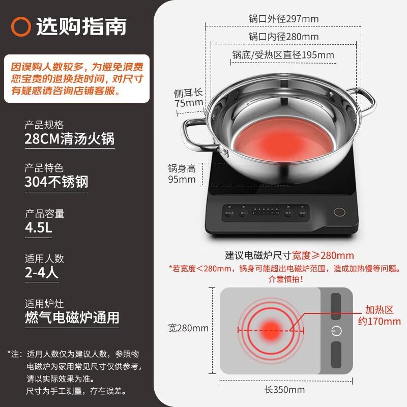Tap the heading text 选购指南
click(81, 26)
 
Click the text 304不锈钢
click(56, 182)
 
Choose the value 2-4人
click(42, 273)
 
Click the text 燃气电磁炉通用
click(72, 317)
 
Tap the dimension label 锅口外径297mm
click(283, 19)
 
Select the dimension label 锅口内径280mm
click(283, 37)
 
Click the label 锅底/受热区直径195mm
click(283, 54)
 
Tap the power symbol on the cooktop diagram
click(336, 331)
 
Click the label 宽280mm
click(188, 328)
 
